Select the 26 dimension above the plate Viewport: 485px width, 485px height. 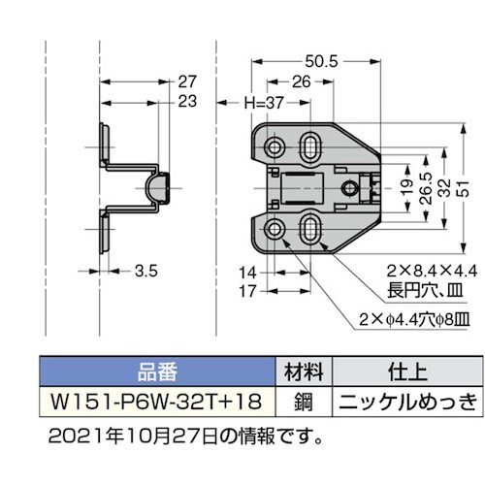click(x=299, y=83)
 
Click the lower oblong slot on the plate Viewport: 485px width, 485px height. click(x=309, y=228)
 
